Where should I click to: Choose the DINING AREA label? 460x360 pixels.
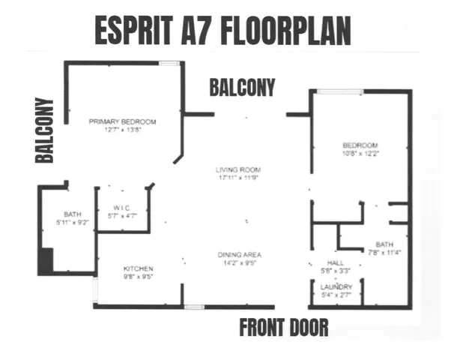(x=239, y=255)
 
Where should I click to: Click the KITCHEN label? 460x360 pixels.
(x=139, y=268)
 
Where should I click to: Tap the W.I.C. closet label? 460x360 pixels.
(x=123, y=208)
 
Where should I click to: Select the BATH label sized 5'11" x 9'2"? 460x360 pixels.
(x=72, y=214)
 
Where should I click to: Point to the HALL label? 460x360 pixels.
(x=324, y=263)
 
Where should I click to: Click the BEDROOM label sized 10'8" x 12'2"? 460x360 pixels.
(x=360, y=145)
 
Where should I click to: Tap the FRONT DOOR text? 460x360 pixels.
(x=284, y=328)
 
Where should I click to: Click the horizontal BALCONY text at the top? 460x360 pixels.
(x=242, y=87)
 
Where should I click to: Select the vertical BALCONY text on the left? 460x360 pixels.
(x=46, y=130)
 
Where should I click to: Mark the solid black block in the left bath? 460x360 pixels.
(x=46, y=261)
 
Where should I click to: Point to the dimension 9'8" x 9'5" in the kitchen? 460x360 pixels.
(x=139, y=276)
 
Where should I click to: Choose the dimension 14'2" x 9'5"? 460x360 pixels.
(x=239, y=263)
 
